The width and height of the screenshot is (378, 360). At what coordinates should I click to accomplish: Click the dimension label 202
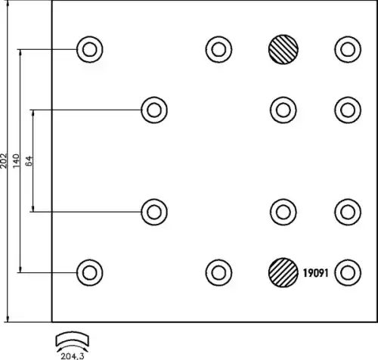tap(4, 160)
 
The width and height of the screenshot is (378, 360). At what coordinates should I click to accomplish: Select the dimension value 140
tap(17, 161)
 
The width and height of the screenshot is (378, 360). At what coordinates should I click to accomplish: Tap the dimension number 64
tap(29, 161)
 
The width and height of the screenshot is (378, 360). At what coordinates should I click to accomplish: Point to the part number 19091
tap(315, 273)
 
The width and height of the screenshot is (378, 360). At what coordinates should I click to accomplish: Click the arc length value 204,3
tap(73, 356)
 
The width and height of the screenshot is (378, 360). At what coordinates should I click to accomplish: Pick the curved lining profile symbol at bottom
tap(73, 339)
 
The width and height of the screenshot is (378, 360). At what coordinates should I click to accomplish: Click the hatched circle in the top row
tap(283, 49)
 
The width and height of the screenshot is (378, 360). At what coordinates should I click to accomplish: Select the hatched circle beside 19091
tap(283, 272)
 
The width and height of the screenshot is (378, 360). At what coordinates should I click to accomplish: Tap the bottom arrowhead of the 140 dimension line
tap(20, 269)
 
